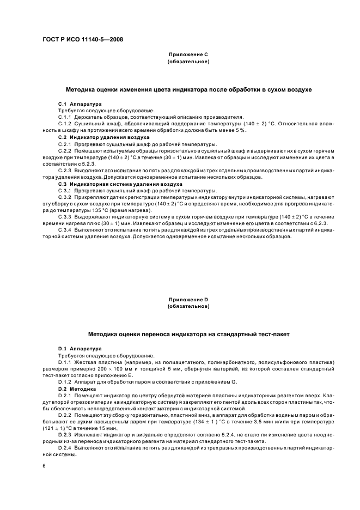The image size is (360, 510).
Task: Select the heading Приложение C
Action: pyautogui.click(x=188, y=55)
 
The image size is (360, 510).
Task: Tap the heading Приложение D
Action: pyautogui.click(x=188, y=300)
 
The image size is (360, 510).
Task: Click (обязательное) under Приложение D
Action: pyautogui.click(x=188, y=307)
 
